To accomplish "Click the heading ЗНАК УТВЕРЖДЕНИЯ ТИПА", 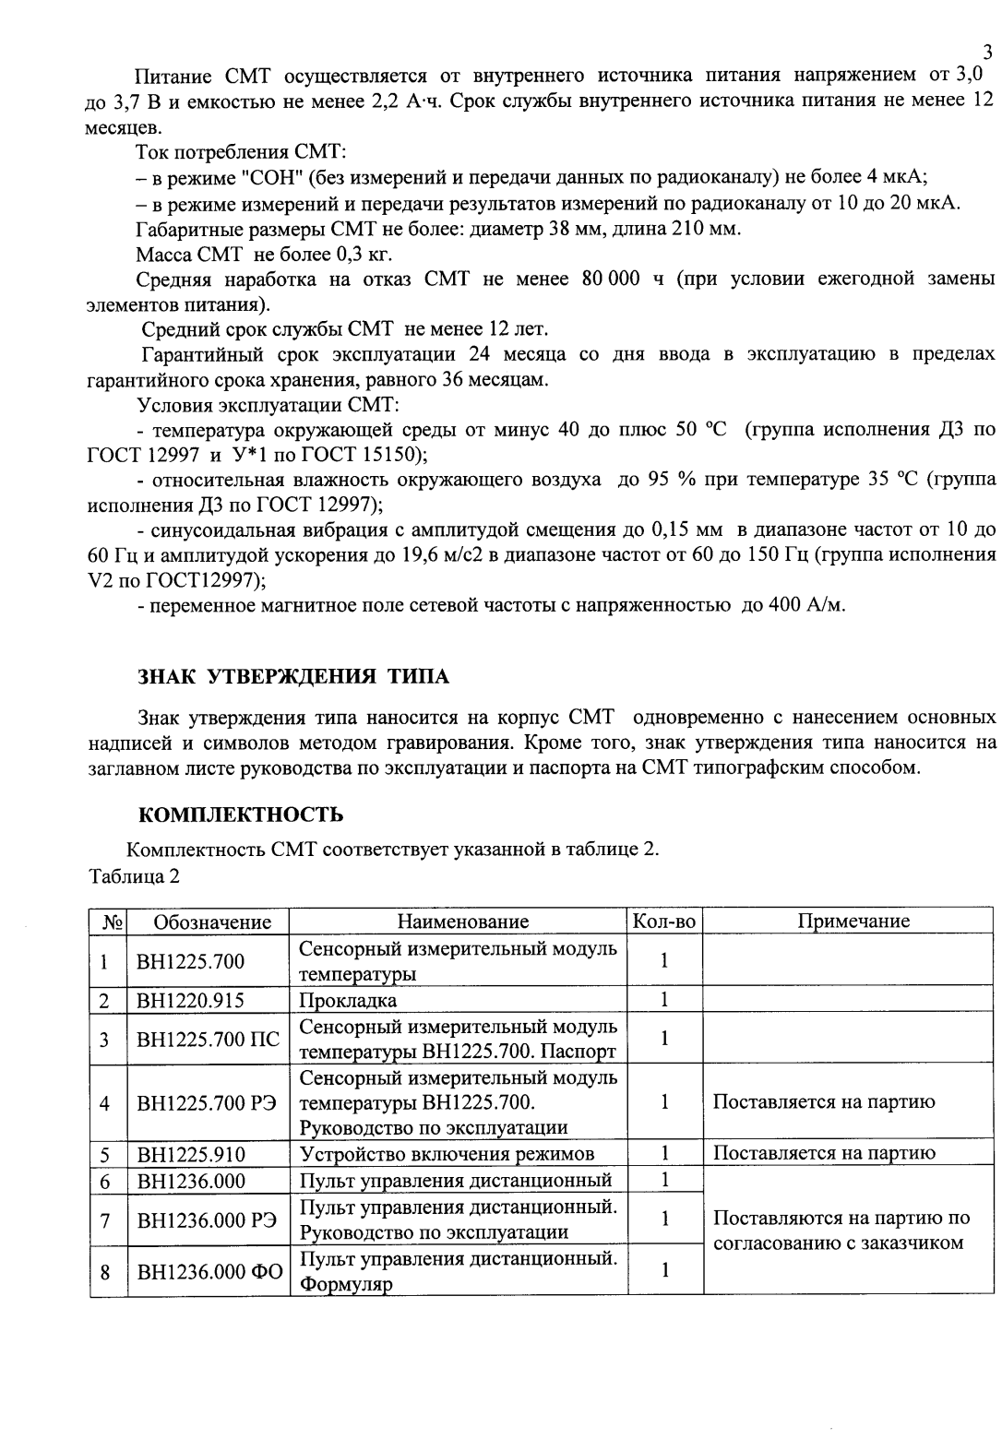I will point(292,676).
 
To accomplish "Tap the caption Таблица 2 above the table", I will point(134,875).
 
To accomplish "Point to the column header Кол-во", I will point(662,922).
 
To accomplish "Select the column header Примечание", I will point(853,922).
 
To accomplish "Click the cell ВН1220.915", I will point(190,1000).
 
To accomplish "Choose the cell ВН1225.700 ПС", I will point(208,1039).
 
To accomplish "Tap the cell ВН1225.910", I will point(190,1153).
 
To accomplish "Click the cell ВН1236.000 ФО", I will point(209,1271).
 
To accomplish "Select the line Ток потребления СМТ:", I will point(241,152).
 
